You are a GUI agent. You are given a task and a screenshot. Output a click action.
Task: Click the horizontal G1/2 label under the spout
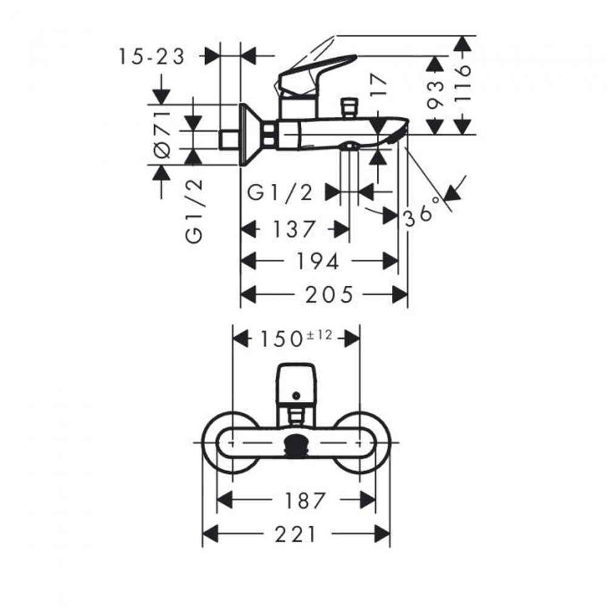pyautogui.click(x=280, y=192)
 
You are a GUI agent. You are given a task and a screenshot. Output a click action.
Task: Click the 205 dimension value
pyautogui.click(x=329, y=295)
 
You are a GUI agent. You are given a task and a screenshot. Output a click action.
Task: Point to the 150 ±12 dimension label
pyautogui.click(x=297, y=338)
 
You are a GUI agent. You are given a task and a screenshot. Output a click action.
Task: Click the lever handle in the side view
pyautogui.click(x=316, y=70)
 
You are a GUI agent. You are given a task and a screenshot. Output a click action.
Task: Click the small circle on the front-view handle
pyautogui.click(x=296, y=396)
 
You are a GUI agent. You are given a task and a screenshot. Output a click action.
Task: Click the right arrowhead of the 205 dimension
pyautogui.click(x=401, y=295)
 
